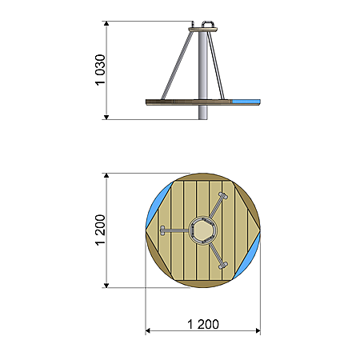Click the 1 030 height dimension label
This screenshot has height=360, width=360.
[x=100, y=70]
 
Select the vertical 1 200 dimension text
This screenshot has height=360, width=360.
[x=100, y=230]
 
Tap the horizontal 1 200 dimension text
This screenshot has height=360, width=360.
[x=203, y=324]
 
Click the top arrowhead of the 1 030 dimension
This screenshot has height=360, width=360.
[x=106, y=23]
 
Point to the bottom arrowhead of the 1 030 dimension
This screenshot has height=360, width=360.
[x=106, y=118]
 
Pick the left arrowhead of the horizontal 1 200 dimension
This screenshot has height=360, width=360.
[x=147, y=331]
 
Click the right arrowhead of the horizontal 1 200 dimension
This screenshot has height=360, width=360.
[x=258, y=331]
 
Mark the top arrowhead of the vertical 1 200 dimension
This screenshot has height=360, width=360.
[x=106, y=175]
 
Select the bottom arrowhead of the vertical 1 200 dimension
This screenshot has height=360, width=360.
[x=106, y=286]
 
